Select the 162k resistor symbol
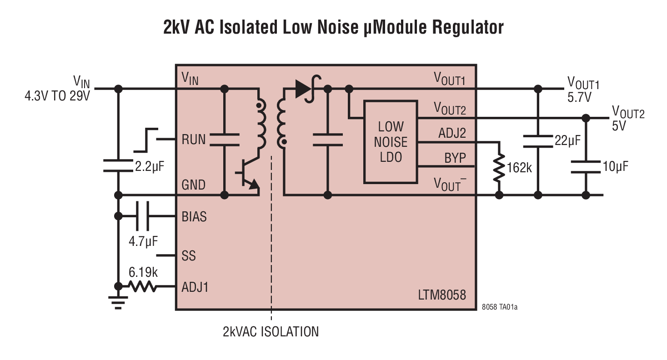coord(499,167)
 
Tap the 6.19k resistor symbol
coord(143,286)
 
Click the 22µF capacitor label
coord(567,140)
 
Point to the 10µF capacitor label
coord(615,166)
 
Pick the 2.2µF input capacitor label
coord(149,166)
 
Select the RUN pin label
coord(194,139)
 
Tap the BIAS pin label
coord(194,217)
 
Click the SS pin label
coord(189,256)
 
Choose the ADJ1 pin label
coord(195,287)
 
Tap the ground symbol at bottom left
coord(119,302)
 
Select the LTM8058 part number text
coord(442,295)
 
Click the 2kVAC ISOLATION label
coord(271,331)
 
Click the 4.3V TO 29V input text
coord(57,96)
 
